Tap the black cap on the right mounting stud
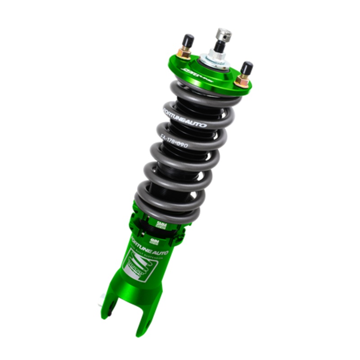247,68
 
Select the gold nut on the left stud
184,53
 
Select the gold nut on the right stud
243,81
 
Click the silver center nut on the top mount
211,59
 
